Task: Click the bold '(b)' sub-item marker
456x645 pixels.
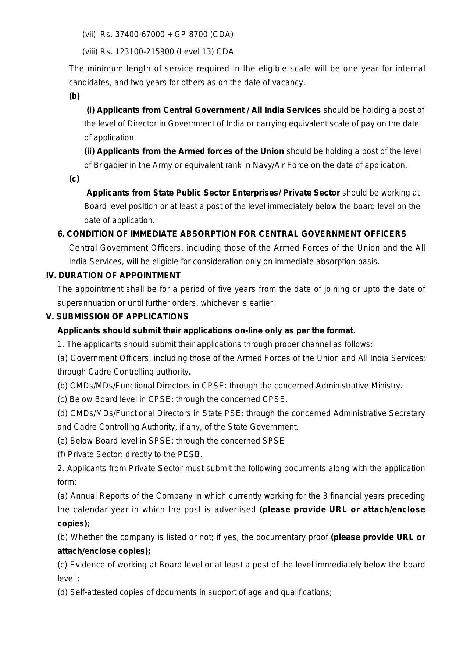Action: pos(74,96)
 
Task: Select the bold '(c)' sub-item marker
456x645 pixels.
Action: pos(74,179)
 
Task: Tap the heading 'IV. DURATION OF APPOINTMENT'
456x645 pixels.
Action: pos(113,275)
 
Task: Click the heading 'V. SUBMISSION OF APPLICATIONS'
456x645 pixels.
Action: pos(117,317)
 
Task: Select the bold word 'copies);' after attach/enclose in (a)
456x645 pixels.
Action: pos(74,523)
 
